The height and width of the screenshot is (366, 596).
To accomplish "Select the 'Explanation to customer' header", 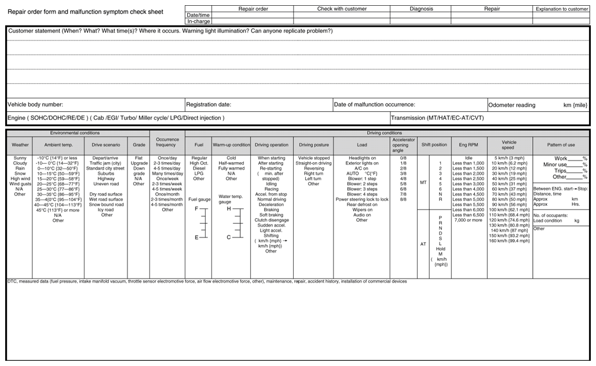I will [x=561, y=9].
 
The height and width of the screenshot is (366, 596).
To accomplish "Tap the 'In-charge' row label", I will [x=198, y=21].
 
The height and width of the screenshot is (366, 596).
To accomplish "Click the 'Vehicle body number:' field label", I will [x=35, y=105].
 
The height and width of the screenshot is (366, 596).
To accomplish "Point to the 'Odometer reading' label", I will [x=511, y=105].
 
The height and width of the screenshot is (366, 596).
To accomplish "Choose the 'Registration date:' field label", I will [x=209, y=105].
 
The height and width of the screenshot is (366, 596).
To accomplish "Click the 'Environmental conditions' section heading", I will [x=75, y=133].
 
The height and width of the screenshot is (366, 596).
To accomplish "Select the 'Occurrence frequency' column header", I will [x=167, y=142].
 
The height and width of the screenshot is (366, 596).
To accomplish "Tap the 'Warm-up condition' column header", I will [x=231, y=145].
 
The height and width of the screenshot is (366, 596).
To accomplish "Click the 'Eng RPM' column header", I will [x=468, y=145].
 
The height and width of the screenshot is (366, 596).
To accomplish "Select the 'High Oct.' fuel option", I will [x=199, y=163].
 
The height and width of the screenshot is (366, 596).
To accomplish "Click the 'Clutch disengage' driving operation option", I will [x=271, y=220].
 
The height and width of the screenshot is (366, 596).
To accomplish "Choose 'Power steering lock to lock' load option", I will [x=361, y=199].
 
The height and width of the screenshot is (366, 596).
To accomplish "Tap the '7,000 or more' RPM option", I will [x=468, y=220].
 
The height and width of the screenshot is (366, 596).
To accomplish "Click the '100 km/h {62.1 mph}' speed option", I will [x=509, y=210].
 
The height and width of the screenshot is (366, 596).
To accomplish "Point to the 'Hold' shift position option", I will [x=441, y=248].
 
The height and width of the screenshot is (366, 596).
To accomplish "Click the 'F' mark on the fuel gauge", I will [x=196, y=208].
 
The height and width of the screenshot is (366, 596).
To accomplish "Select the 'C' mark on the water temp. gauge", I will [x=228, y=237].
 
